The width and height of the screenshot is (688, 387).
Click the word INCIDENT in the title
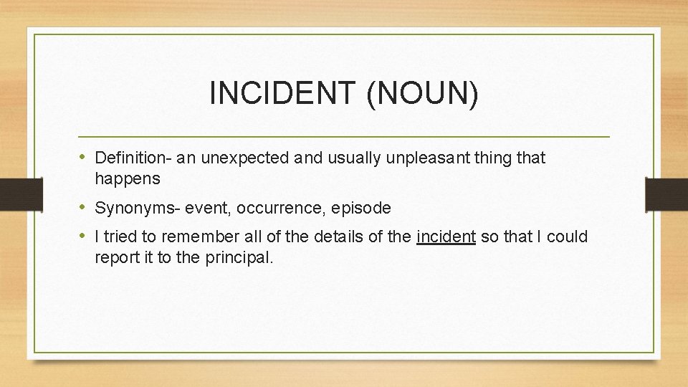click(282, 94)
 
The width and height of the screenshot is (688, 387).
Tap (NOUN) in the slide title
click(422, 94)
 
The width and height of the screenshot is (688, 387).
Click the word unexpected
click(246, 157)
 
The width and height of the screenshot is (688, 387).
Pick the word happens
click(127, 178)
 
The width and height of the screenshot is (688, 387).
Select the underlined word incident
click(446, 236)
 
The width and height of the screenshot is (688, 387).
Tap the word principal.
click(239, 257)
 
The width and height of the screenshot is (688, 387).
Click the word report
click(115, 257)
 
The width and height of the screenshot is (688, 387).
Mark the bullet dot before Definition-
click(84, 156)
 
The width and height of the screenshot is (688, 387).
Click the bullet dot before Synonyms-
click(84, 208)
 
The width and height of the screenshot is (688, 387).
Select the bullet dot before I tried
click(84, 236)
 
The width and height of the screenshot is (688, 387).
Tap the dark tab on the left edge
click(11, 193)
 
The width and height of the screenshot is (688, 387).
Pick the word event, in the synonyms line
click(209, 209)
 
